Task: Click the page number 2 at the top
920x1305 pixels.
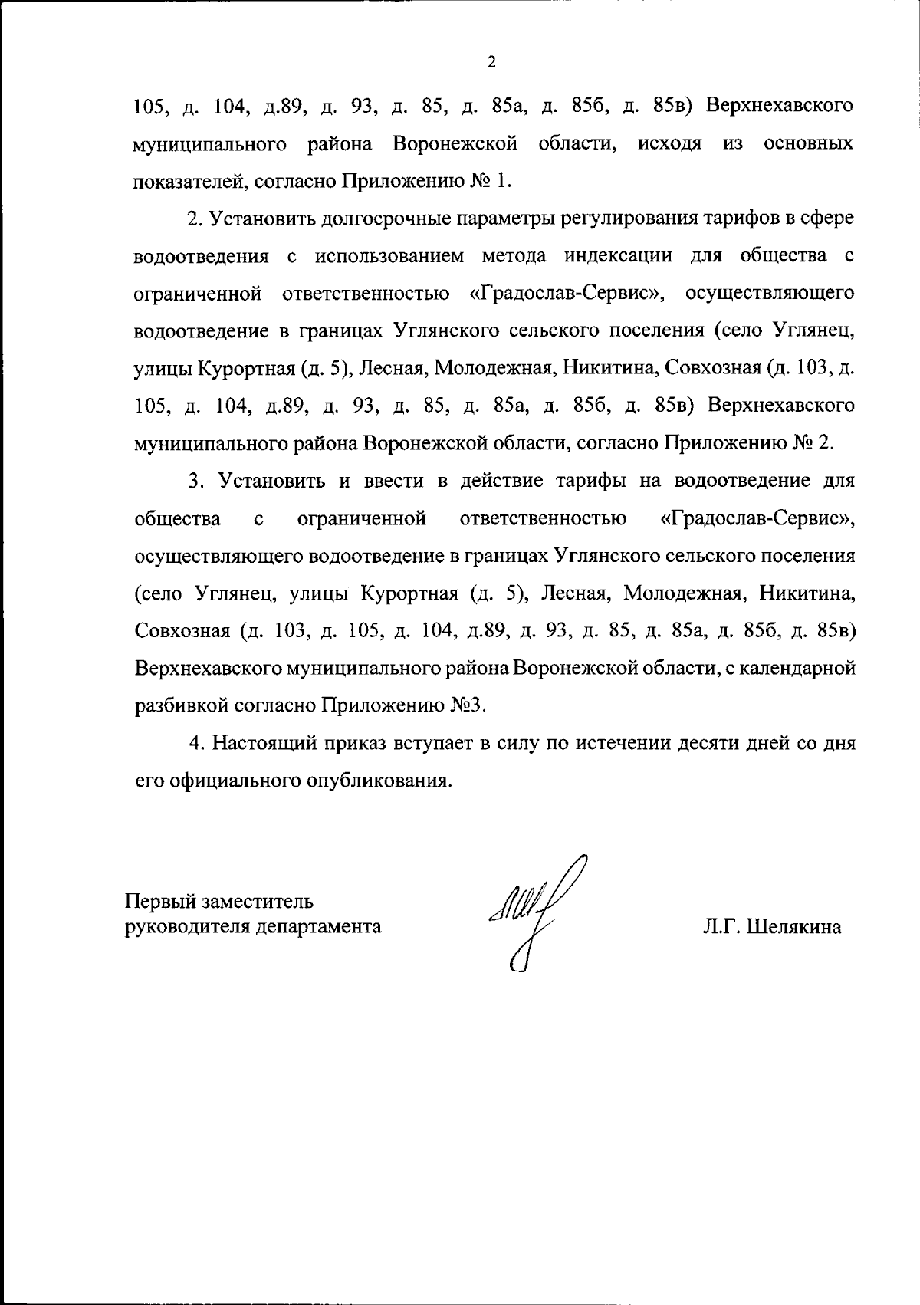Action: coord(491,62)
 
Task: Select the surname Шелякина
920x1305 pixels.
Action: coord(794,927)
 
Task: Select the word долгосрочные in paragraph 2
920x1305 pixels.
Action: coord(371,219)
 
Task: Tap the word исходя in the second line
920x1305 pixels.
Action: coord(669,143)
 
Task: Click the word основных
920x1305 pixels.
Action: coord(810,143)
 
